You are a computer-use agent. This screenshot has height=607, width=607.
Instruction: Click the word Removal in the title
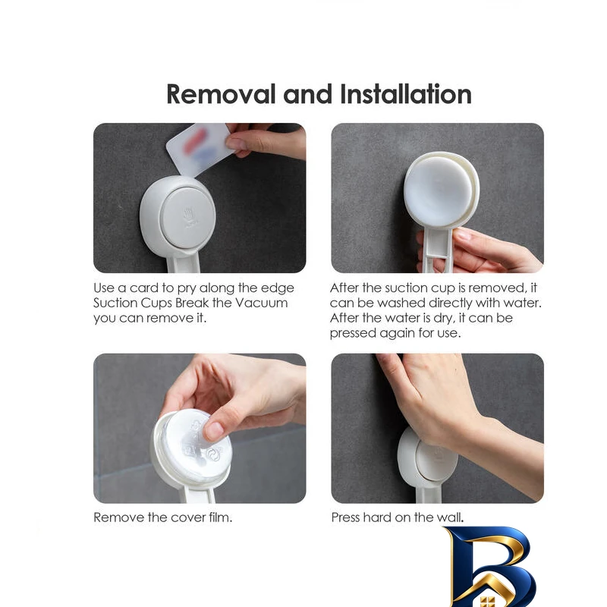(x=221, y=94)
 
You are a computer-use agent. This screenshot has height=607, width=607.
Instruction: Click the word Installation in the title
(x=406, y=94)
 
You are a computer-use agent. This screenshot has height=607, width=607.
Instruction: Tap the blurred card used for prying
(x=199, y=149)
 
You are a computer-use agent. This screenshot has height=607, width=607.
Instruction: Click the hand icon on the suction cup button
(x=188, y=215)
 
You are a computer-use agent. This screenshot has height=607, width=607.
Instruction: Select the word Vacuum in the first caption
(x=261, y=303)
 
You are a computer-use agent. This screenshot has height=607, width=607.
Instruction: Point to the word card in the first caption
(x=143, y=288)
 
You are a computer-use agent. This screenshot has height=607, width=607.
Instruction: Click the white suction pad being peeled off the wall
(x=441, y=189)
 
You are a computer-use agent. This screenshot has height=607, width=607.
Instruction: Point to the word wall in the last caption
(x=450, y=517)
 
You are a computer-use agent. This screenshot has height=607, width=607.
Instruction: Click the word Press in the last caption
(x=345, y=517)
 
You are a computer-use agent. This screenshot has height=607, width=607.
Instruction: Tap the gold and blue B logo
(x=490, y=567)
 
